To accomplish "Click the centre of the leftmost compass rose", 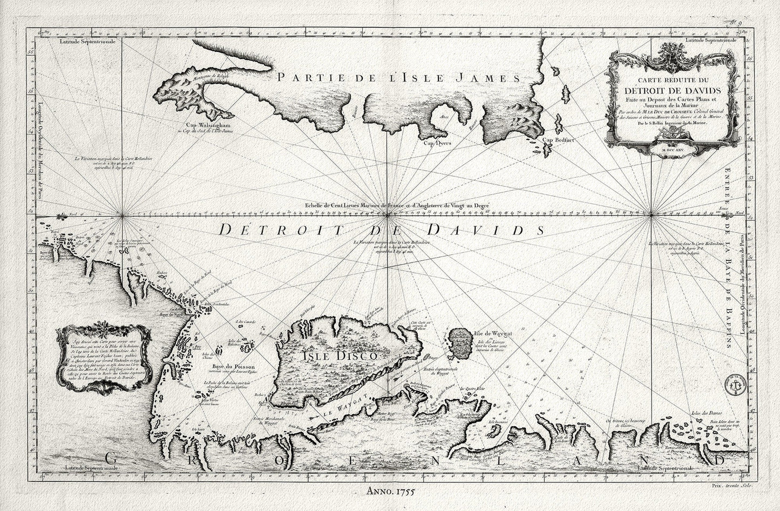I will [124, 217].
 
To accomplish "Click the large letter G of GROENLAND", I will [112, 459].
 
